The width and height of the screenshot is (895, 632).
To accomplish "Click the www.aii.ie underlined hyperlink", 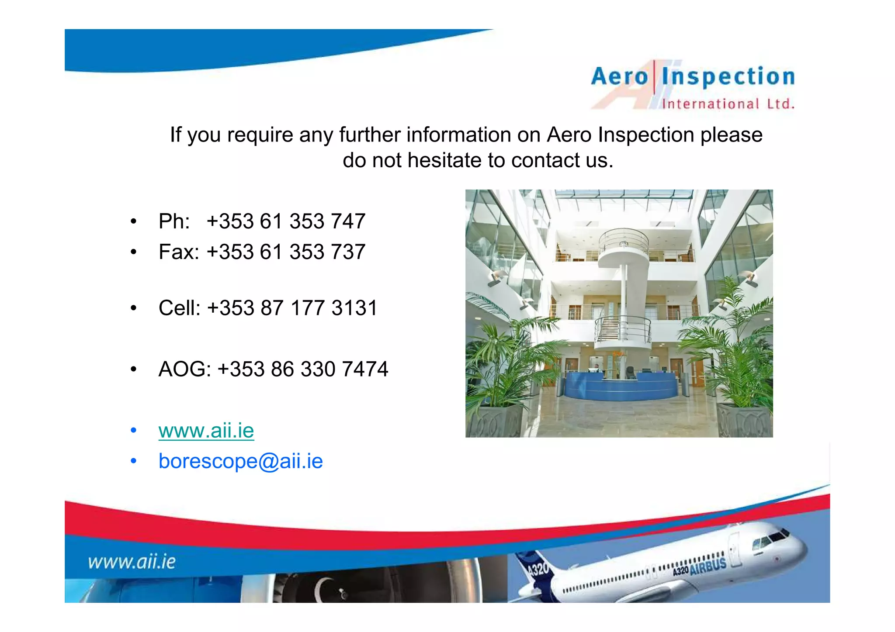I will pyautogui.click(x=206, y=431).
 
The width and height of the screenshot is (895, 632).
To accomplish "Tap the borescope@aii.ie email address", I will pyautogui.click(x=240, y=461).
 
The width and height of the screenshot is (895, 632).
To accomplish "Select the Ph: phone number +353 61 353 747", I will pyautogui.click(x=286, y=221).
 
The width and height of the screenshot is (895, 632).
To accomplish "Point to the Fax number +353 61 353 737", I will pyautogui.click(x=286, y=252).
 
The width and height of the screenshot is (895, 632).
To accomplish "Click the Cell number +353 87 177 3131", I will pyautogui.click(x=292, y=308).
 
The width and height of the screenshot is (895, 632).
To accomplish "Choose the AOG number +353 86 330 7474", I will pyautogui.click(x=302, y=369).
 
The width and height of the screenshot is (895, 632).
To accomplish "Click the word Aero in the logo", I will pyautogui.click(x=619, y=77).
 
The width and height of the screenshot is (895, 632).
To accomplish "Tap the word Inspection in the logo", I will pyautogui.click(x=728, y=77).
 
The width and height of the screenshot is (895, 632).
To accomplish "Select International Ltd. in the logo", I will pyautogui.click(x=728, y=104).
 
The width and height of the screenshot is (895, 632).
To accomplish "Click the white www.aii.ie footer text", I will pyautogui.click(x=132, y=562).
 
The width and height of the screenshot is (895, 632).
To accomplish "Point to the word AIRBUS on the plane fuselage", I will pyautogui.click(x=708, y=566).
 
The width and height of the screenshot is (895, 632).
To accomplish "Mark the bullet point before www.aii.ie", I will pyautogui.click(x=134, y=431).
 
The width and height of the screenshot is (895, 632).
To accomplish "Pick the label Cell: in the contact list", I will pyautogui.click(x=179, y=308).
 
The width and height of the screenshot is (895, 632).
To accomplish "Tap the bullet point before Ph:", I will pyautogui.click(x=134, y=221).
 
